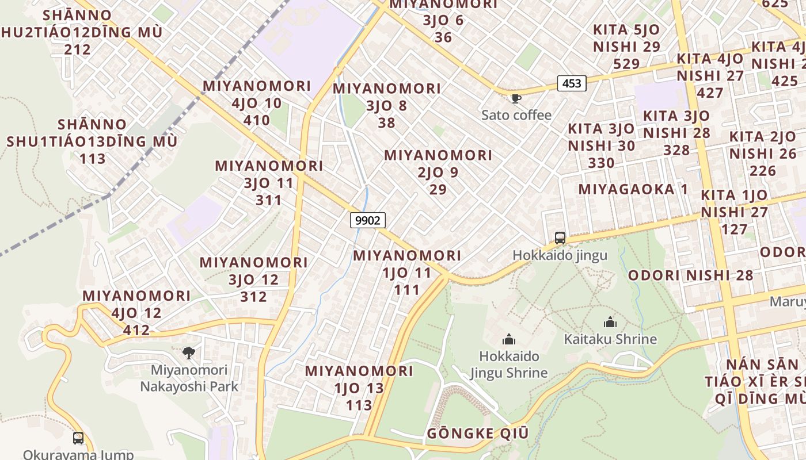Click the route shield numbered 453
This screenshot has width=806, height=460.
[572, 84]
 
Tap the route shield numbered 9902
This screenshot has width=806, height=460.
[367, 220]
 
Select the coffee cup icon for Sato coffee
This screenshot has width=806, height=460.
[516, 99]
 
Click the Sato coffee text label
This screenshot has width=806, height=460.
[516, 115]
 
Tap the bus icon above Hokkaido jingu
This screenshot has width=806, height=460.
[560, 237]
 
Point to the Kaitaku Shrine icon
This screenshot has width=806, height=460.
[610, 322]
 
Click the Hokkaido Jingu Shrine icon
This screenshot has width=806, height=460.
[508, 339]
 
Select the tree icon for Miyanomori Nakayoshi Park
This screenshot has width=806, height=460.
[188, 352]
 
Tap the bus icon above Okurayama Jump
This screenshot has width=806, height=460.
[78, 438]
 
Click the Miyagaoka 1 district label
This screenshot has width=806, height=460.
[633, 189]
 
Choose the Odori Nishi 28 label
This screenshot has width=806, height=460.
[690, 275]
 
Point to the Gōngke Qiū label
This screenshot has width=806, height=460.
[477, 434]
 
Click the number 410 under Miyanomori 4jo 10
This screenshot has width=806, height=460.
[257, 120]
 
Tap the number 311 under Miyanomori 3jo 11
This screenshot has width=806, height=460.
[269, 200]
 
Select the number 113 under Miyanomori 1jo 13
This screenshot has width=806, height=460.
[359, 405]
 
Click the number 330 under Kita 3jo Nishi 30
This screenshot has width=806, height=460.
[601, 163]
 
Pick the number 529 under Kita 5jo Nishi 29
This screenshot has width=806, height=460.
[626, 64]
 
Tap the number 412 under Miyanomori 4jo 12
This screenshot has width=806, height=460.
[136, 330]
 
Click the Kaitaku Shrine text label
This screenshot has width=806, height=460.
[610, 339]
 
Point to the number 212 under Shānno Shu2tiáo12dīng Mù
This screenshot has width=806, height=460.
[78, 49]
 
